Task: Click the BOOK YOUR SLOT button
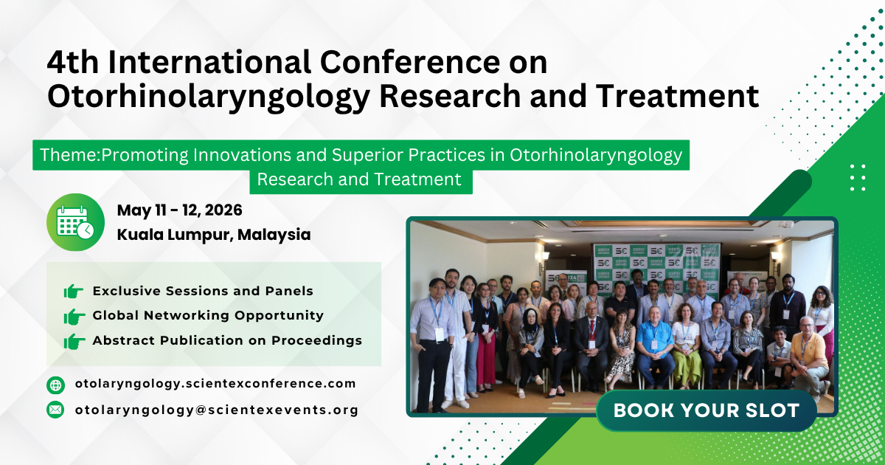pos(706,410)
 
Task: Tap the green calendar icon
pos(75,222)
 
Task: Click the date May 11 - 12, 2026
pos(179,210)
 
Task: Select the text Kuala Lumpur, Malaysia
pos(213,235)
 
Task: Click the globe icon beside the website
pos(55,385)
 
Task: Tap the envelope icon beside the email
pos(55,410)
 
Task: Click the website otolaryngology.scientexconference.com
pos(215,384)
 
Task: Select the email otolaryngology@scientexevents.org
pos(216,410)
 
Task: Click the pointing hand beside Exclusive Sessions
pos(74,292)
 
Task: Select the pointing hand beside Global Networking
pos(74,317)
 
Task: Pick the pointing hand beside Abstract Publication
pos(74,341)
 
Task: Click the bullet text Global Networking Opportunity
pos(208,316)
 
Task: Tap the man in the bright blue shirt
pos(653,340)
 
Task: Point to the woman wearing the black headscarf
pos(530,332)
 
